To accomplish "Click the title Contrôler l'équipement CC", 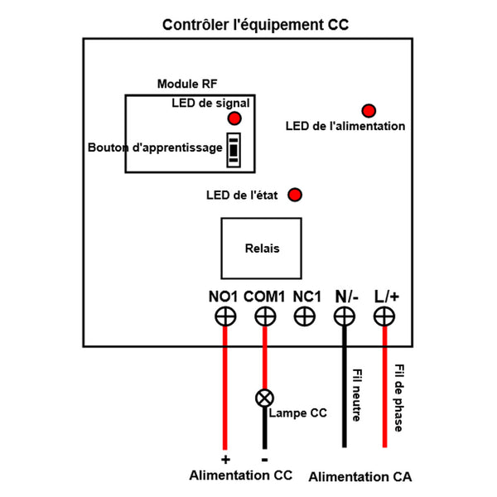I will [255, 25].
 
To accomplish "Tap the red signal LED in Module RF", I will [234, 118].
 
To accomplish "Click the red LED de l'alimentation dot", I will [368, 110].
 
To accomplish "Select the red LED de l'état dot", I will [294, 195].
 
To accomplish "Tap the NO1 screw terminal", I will [224, 316].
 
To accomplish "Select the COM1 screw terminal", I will [265, 316].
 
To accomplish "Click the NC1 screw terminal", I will [305, 316].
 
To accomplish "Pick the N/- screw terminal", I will [345, 316].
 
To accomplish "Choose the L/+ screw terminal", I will [384, 316].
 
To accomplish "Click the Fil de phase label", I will [398, 398].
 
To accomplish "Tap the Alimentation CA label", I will [359, 478].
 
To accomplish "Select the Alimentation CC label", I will [241, 476].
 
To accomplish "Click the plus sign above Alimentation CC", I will [224, 458].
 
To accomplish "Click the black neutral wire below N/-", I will [345, 389].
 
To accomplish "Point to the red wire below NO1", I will [224, 389].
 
